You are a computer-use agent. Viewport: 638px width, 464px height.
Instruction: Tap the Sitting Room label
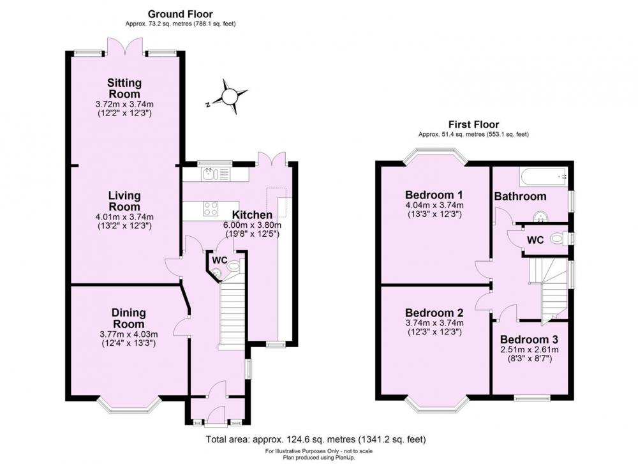[x=124, y=89]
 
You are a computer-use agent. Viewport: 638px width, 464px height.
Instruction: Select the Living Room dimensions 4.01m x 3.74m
[x=124, y=217]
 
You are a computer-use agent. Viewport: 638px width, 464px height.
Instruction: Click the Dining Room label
[x=129, y=318]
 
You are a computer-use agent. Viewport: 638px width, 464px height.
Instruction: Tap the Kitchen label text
[x=252, y=215]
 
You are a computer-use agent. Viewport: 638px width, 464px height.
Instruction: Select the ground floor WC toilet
[x=235, y=267]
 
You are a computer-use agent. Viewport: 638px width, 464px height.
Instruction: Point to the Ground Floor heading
[x=180, y=13]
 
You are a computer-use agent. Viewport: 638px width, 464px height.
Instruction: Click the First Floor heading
[x=473, y=124]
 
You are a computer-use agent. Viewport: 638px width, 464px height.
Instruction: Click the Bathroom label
[x=521, y=197]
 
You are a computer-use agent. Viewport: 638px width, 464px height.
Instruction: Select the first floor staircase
[x=549, y=287]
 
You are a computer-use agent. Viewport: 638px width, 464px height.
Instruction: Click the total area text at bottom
[x=315, y=439]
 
